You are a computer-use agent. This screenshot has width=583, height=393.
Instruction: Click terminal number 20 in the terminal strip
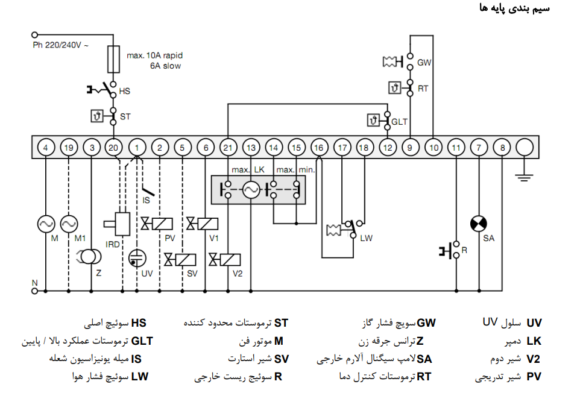(114, 147)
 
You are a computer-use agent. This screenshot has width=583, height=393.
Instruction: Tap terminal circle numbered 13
(251, 147)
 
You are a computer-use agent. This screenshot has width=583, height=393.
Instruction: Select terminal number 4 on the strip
(46, 147)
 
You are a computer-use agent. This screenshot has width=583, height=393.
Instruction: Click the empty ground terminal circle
(525, 147)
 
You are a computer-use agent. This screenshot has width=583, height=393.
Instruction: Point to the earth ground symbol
(525, 177)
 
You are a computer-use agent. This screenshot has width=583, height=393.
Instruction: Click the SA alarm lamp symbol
(479, 225)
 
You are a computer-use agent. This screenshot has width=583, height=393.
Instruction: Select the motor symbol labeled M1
(69, 224)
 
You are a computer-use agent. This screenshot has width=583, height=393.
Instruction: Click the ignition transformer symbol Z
(91, 257)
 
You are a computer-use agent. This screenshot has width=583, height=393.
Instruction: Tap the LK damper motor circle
(251, 191)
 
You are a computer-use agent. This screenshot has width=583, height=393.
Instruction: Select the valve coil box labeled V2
(230, 260)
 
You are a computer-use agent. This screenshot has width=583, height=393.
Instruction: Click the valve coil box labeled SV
(185, 260)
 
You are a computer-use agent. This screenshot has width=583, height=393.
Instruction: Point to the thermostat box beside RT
(395, 88)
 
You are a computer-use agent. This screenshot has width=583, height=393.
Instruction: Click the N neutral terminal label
(34, 283)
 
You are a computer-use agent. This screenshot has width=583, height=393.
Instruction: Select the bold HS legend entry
(139, 323)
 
